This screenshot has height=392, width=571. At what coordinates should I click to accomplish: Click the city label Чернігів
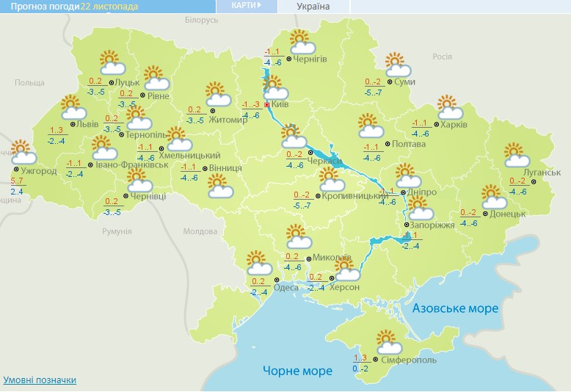[x=310, y=59]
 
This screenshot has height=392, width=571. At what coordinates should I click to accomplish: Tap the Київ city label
[x=280, y=105]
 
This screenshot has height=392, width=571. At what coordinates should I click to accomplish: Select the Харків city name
[x=454, y=125]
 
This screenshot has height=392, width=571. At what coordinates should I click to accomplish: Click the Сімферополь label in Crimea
[x=409, y=360]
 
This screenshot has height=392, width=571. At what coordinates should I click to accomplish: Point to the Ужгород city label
[x=34, y=171]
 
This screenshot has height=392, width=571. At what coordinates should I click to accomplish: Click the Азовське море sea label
[x=455, y=308]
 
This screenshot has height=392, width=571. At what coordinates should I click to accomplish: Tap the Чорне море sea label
[x=297, y=371]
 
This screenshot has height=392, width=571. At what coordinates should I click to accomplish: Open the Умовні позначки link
[x=40, y=380]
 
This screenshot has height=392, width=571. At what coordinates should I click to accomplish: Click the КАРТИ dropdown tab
[x=247, y=6]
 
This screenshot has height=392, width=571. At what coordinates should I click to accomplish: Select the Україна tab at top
[x=313, y=7]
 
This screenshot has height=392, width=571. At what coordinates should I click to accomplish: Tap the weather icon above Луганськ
[x=517, y=154]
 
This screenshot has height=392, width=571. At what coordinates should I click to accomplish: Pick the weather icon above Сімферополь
[x=389, y=342]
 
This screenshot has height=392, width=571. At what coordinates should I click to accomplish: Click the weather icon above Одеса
[x=257, y=262]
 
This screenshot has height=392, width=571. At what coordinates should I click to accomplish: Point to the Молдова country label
[x=200, y=231]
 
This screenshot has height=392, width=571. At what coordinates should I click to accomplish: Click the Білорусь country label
[x=202, y=20]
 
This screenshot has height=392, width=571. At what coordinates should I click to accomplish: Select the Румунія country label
[x=117, y=231]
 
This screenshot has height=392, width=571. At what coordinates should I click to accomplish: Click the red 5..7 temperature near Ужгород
[x=17, y=181]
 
